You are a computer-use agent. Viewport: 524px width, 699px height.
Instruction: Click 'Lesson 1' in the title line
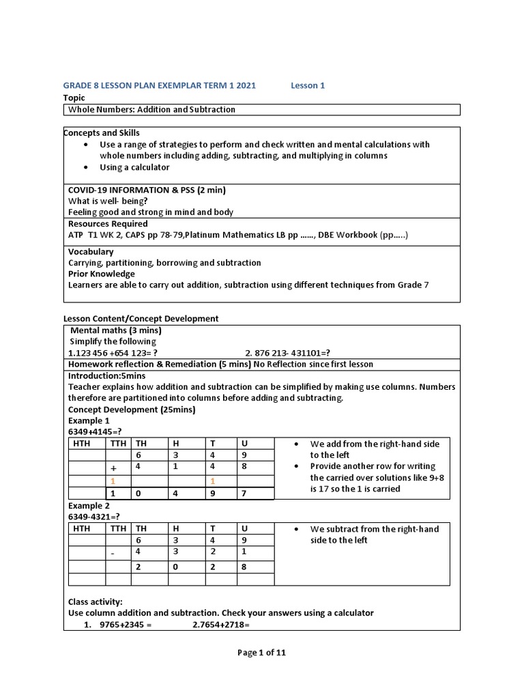308,85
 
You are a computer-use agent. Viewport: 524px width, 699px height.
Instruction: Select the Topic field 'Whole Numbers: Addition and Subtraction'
152,109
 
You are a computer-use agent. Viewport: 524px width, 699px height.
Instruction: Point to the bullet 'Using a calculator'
134,167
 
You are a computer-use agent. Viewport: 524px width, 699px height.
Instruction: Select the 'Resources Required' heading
108,223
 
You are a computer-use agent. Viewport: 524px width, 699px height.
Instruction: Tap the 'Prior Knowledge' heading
102,274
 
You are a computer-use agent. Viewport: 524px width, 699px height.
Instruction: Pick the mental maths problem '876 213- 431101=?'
287,353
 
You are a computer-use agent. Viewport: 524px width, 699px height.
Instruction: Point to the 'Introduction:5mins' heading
107,375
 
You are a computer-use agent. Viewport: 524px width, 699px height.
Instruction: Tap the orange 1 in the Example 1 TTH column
114,481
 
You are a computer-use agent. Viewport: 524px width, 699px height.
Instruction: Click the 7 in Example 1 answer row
244,494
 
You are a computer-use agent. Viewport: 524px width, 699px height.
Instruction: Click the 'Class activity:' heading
96,601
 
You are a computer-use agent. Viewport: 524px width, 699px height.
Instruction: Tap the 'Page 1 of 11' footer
261,653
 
